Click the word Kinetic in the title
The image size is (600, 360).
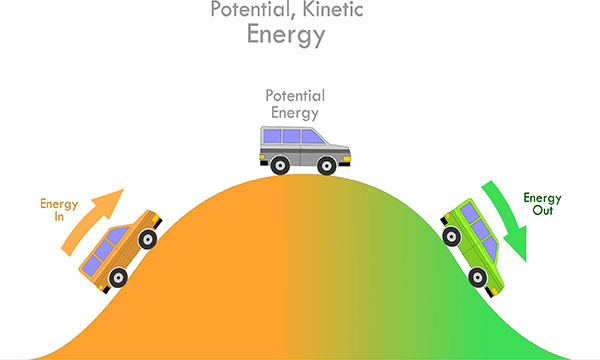point(333,9)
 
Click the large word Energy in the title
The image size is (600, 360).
point(286,35)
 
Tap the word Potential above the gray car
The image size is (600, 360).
point(295,96)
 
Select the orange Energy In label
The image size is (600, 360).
point(59,210)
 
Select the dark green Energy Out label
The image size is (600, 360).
point(542,204)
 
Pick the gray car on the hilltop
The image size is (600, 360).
point(305,150)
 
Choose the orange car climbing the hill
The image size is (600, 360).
point(121,252)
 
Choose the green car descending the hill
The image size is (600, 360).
point(473,247)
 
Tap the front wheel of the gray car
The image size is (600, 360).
point(327,166)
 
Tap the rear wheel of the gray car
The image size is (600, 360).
point(280,166)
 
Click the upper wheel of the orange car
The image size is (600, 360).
point(148,239)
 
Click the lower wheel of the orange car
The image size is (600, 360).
point(118,278)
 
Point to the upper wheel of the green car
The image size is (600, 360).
point(452,236)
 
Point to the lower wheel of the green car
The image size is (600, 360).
point(478,277)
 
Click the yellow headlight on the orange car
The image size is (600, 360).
point(156,219)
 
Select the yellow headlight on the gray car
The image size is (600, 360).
point(347,159)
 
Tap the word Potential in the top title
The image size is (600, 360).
point(253,9)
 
